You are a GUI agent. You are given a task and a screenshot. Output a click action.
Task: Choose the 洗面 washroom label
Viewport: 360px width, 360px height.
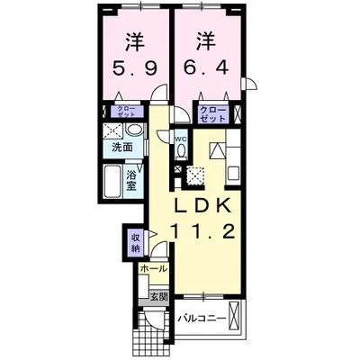coord(122,146)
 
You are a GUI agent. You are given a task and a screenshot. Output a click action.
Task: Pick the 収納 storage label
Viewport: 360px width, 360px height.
coord(135,242)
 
